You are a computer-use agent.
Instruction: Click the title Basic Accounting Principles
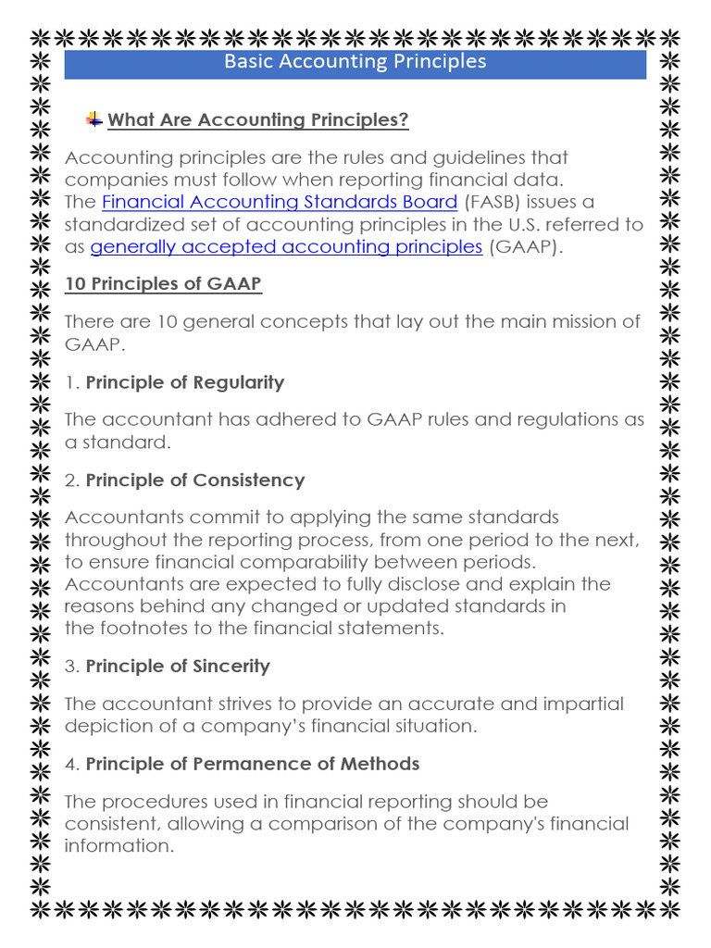[355, 62]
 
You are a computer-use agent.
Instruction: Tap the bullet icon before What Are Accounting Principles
[94, 119]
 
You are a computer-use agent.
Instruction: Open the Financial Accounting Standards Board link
[280, 202]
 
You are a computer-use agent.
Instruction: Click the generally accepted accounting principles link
[286, 246]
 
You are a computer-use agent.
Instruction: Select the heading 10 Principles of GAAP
[163, 284]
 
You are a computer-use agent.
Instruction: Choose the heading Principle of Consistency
[195, 480]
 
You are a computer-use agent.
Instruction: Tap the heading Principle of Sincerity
[178, 667]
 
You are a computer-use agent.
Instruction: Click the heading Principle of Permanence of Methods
[253, 764]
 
